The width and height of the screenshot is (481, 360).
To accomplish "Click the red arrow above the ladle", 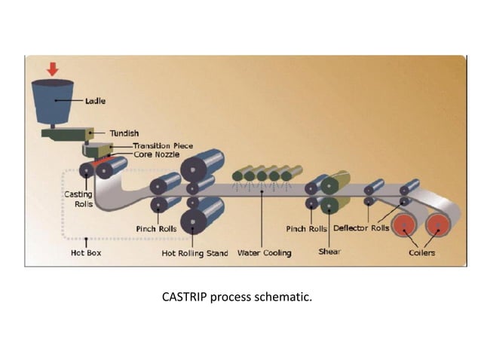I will (x=52, y=69).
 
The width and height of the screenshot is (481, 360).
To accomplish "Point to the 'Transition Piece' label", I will (x=163, y=145).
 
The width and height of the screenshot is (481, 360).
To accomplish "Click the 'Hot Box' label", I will (x=85, y=253).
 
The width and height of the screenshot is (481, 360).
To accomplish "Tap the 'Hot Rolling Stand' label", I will (x=195, y=253).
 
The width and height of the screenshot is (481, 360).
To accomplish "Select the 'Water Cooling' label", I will (x=264, y=253).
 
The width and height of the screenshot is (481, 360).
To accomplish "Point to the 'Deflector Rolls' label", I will (x=361, y=227).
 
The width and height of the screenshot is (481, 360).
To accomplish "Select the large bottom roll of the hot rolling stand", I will (x=202, y=221).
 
